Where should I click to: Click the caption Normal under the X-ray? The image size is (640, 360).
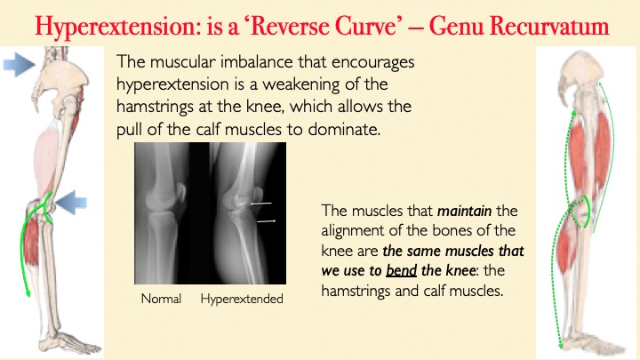click(161, 299)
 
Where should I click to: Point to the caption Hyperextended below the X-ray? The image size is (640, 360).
click(242, 300)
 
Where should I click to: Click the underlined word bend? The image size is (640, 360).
click(401, 270)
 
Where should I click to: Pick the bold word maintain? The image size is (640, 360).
click(464, 211)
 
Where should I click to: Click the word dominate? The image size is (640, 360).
click(344, 130)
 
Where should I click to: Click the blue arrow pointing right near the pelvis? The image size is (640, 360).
click(19, 64)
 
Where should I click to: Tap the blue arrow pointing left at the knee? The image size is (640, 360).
click(71, 203)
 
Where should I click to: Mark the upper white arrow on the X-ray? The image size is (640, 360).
click(261, 203)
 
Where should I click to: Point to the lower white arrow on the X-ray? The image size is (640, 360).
click(267, 220)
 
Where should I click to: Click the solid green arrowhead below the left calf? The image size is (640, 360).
click(28, 292)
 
